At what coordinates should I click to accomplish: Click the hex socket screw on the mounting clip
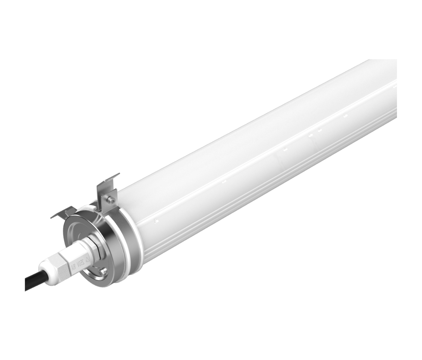coord(111,200)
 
